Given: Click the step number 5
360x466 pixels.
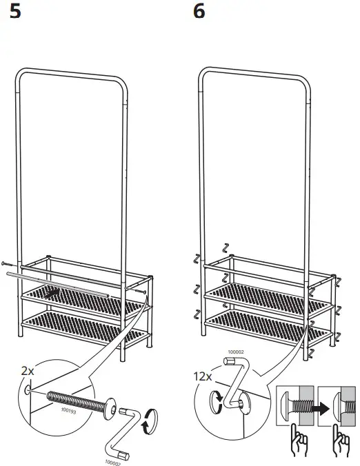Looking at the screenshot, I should click(13, 12).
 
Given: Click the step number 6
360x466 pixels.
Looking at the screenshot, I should click(199, 12).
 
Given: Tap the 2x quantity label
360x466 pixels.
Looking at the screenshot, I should click(27, 371).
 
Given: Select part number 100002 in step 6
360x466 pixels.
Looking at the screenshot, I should click(234, 352).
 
